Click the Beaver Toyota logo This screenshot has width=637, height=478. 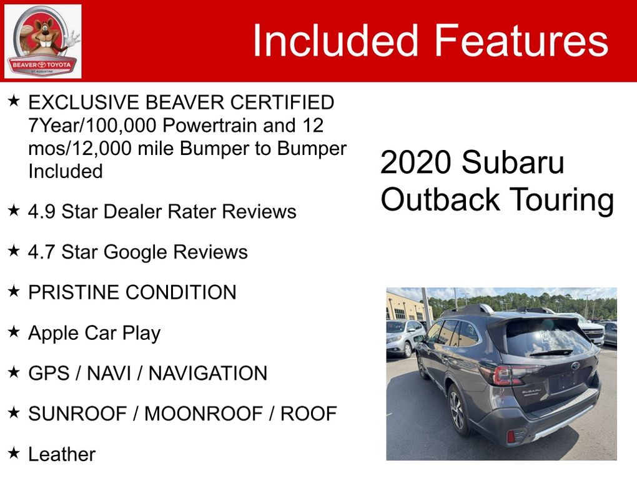coord(42,41)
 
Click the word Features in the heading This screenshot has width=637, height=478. coord(521,40)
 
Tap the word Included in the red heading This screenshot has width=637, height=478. coord(335,40)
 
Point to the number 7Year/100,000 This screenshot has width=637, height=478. coord(92,125)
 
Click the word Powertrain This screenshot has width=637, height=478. coord(210,125)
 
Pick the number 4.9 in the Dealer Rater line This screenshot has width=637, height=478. coord(41,211)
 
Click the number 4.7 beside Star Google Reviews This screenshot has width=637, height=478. coord(41,252)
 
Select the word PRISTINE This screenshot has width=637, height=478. coord(74,292)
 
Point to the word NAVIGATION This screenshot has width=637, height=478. coord(208,373)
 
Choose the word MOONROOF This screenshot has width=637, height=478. coord(204,414)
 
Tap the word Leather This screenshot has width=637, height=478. coord(62,454)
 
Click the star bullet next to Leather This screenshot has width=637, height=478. coord(14,452)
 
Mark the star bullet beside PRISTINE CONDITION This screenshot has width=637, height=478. coord(14,291)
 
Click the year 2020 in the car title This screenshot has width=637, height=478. coord(416,162)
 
